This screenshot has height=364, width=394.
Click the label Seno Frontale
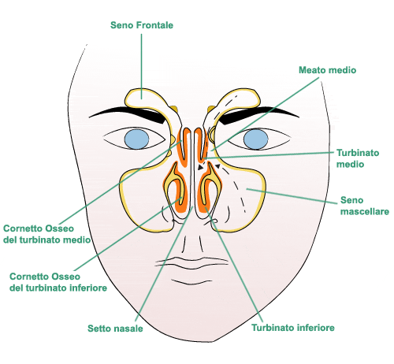click(142, 25)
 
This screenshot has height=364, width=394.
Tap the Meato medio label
click(328, 70)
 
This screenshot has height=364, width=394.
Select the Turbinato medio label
click(358, 158)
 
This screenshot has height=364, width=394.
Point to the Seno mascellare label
click(365, 206)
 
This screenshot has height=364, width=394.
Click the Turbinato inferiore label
click(293, 328)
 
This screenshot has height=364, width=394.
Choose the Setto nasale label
click(115, 329)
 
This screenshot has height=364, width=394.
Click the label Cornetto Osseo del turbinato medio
click(46, 234)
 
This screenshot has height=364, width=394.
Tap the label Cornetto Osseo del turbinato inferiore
click(58, 282)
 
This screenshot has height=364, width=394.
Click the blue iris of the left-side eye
click(136, 139)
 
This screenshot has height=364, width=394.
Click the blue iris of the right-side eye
click(255, 139)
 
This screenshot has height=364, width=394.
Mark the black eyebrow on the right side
click(258, 113)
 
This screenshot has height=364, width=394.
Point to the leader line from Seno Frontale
click(142, 66)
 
